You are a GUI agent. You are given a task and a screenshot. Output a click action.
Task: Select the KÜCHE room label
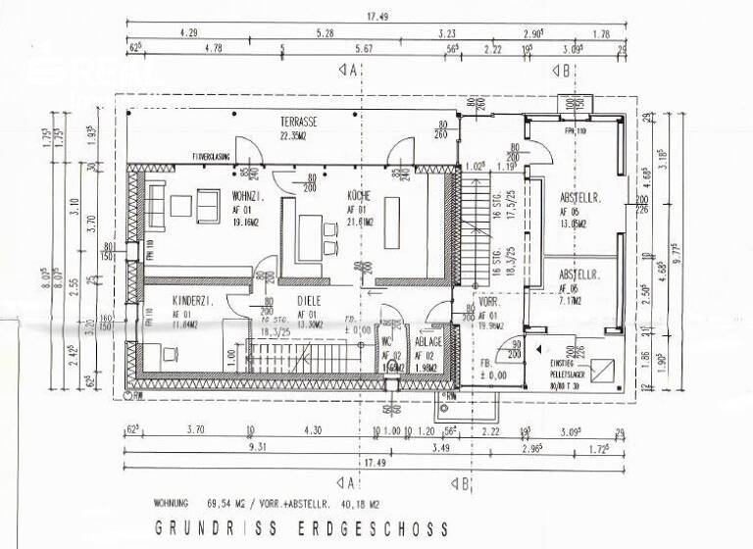pos(357,196)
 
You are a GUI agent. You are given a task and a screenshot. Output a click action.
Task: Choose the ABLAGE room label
pos(427,341)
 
